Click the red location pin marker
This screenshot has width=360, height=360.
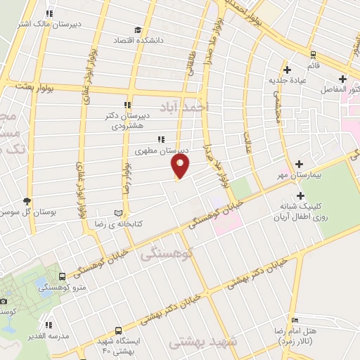[181, 166]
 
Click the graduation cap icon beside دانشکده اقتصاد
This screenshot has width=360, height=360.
[138, 31]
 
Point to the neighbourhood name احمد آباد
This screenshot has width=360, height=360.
[185, 105]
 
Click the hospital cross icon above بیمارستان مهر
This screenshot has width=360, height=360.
[301, 162]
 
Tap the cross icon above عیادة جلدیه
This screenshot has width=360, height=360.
[287, 69]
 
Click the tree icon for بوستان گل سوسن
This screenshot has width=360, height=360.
[27, 201]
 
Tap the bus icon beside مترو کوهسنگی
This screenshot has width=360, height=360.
[63, 276]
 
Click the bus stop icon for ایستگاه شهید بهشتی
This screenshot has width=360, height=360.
[118, 330]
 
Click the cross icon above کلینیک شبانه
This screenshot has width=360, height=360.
[301, 195]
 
